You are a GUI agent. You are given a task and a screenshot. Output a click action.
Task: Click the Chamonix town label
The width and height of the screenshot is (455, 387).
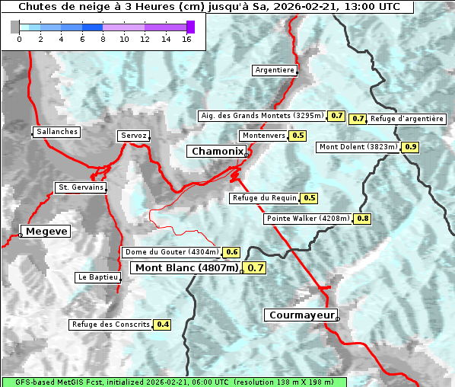click(x=217, y=152)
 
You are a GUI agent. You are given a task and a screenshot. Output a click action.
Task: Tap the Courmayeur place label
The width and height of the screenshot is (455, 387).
click(x=301, y=315)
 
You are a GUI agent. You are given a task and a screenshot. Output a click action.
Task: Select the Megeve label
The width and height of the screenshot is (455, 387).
click(x=46, y=232)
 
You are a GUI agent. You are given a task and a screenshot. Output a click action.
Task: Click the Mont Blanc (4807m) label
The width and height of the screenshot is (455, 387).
click(x=186, y=268)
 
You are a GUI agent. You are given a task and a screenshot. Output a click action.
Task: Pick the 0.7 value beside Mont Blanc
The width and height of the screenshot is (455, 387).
click(x=256, y=268)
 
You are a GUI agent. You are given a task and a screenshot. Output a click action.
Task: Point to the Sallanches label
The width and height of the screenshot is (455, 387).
click(x=57, y=132)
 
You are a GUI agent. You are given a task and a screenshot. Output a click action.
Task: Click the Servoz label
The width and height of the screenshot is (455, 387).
click(x=133, y=136)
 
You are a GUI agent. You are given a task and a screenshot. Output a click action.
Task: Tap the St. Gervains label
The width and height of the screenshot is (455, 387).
click(x=81, y=187)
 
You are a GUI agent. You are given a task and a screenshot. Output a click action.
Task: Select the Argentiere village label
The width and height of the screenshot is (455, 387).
click(x=275, y=70)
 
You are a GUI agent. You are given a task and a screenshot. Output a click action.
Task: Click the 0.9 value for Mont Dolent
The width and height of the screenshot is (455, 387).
click(x=411, y=146)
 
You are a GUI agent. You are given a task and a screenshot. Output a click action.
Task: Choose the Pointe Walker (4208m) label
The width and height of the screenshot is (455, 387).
click(x=308, y=219)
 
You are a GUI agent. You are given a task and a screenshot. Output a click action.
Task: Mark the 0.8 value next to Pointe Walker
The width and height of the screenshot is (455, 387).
click(x=363, y=219)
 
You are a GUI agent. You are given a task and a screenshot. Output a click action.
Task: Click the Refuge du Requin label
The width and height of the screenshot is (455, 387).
click(x=264, y=198)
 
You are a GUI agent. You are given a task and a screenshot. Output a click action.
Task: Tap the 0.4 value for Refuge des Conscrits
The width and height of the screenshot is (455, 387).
click(x=162, y=325)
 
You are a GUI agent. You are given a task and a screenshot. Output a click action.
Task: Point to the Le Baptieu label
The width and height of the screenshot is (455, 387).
click(x=97, y=277)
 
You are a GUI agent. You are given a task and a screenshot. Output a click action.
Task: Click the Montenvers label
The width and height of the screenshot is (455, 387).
click(x=263, y=136)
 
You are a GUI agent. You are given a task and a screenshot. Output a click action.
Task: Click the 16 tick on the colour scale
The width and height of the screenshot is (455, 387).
click(x=186, y=40)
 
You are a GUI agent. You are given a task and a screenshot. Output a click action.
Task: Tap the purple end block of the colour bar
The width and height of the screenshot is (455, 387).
click(x=190, y=27)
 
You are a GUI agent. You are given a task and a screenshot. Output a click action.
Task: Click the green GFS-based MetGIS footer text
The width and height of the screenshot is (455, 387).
click(x=173, y=382)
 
